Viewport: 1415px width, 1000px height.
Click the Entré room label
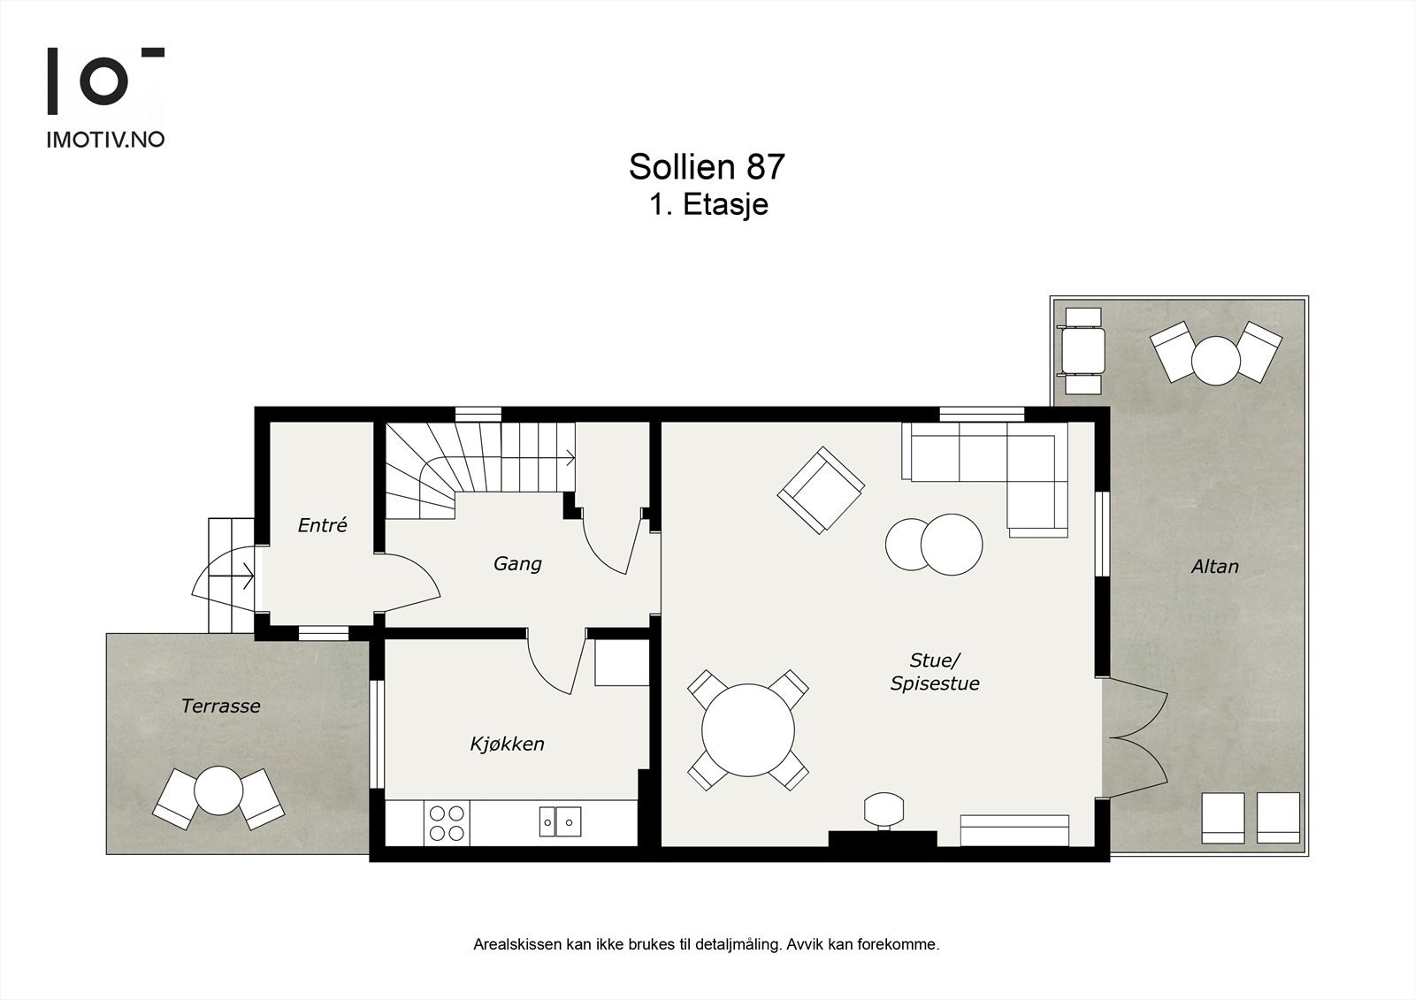click(x=322, y=525)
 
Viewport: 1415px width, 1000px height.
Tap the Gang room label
click(x=517, y=563)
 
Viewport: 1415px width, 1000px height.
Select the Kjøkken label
click(x=507, y=744)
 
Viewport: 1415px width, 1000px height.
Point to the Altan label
click(x=1214, y=567)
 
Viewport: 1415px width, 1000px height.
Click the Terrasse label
click(x=220, y=706)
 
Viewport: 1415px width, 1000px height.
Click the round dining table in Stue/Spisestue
click(x=748, y=730)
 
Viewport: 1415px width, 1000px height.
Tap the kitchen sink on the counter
click(x=560, y=821)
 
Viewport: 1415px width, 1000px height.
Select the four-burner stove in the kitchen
click(x=446, y=822)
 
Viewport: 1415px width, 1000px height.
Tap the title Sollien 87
click(x=707, y=166)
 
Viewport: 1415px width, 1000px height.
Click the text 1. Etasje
click(x=707, y=205)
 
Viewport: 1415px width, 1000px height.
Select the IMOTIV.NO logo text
click(x=105, y=140)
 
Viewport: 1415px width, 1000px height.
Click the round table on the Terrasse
click(x=218, y=790)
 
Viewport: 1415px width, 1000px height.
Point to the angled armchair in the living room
click(x=821, y=490)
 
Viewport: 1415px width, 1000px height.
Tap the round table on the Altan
click(x=1215, y=360)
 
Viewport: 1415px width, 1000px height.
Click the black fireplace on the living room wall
click(x=882, y=838)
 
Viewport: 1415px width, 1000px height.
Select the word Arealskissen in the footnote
click(x=517, y=944)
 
